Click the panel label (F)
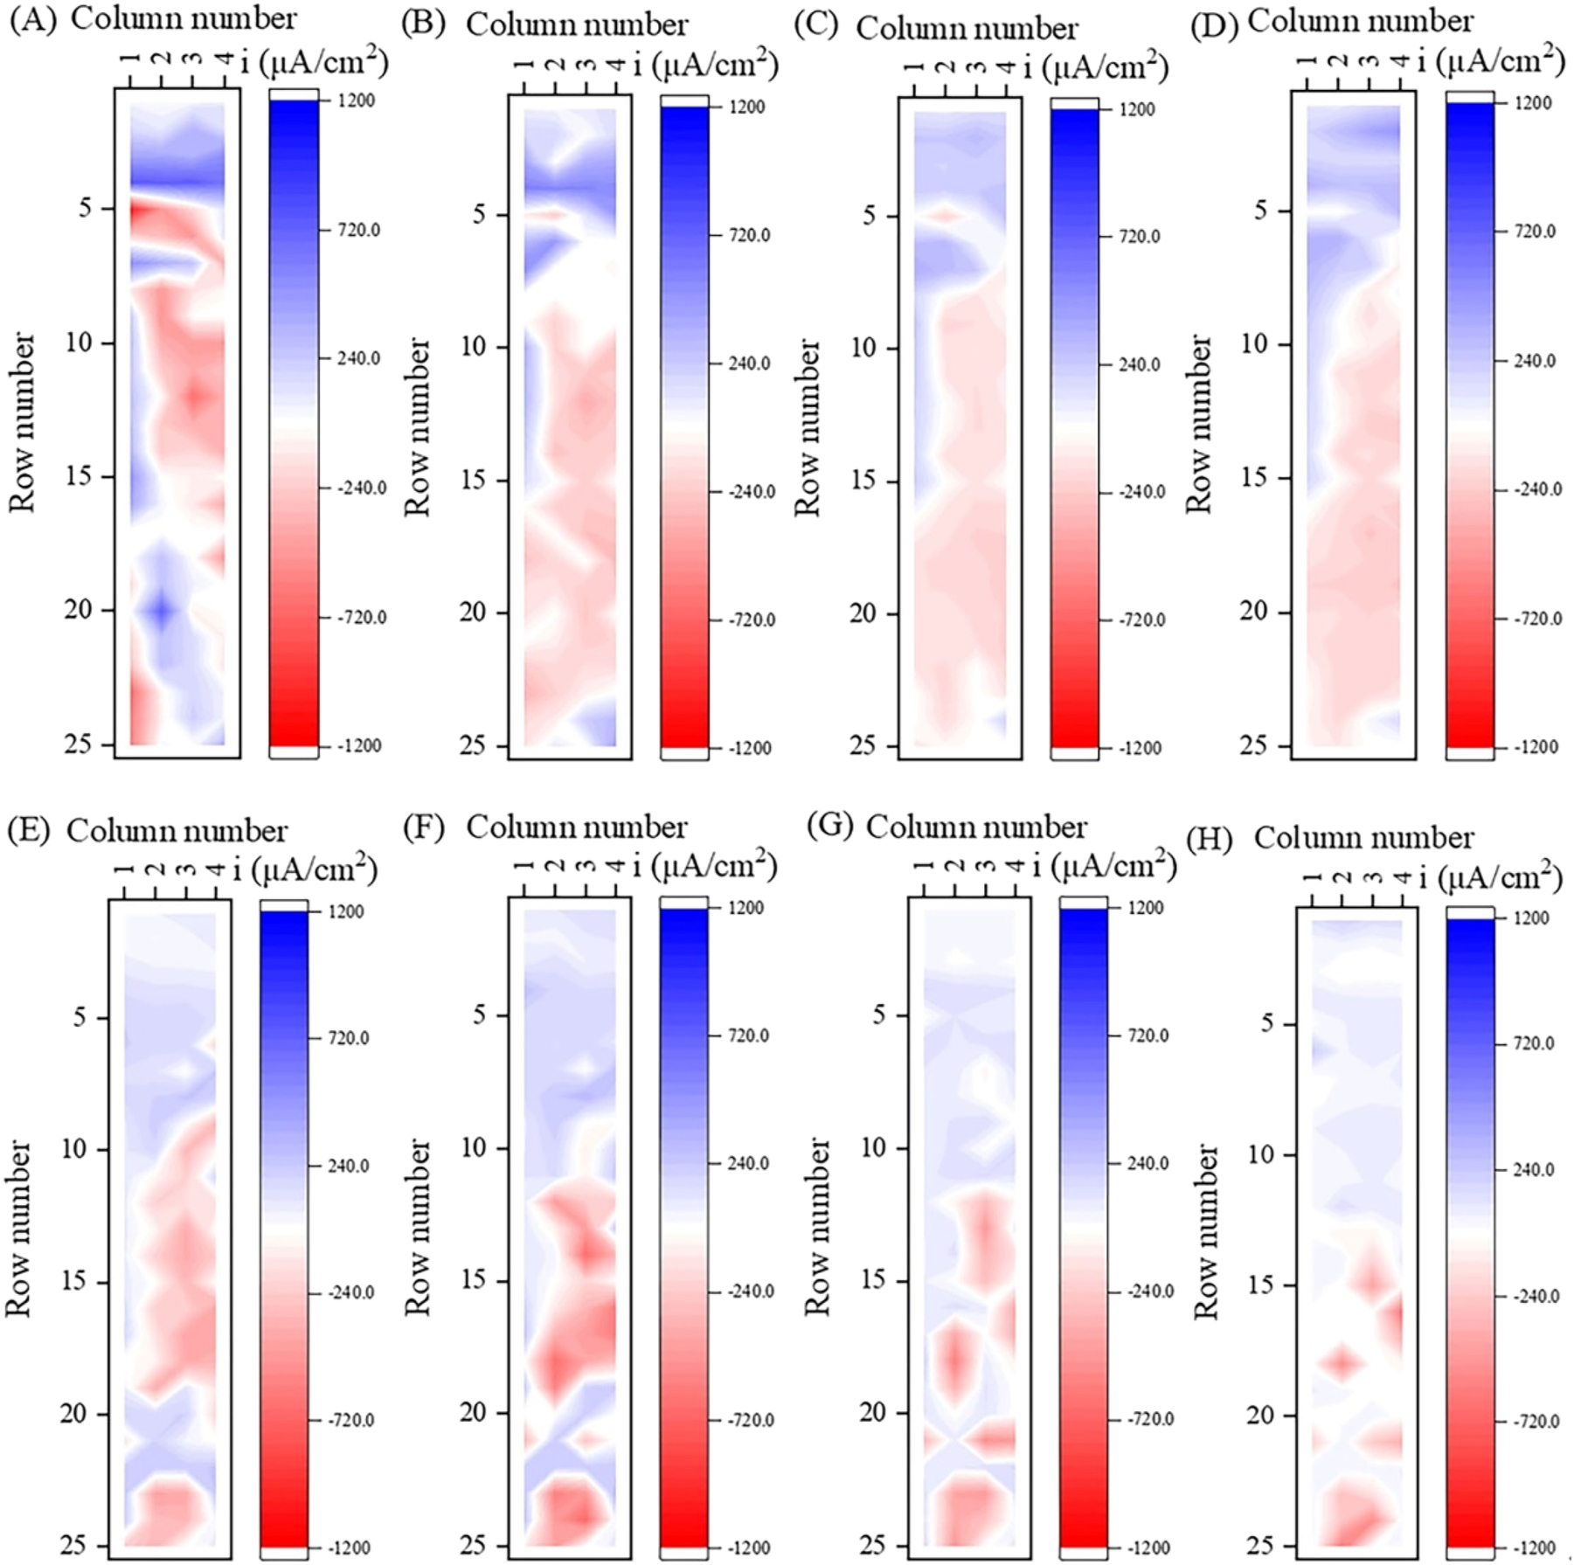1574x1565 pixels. pos(424,826)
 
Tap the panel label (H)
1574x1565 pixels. pos(1210,840)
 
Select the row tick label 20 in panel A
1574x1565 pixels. pos(78,609)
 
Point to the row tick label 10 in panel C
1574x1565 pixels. pos(863,348)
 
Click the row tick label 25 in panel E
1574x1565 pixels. pos(73,1545)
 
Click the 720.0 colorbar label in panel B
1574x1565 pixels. pos(749,235)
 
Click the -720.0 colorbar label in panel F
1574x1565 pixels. pos(749,1420)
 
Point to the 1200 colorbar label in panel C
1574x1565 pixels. pos(1137,109)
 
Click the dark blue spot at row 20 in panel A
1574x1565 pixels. pos(162,611)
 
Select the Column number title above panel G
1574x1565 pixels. pos(975,827)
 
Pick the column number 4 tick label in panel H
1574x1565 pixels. pos(1401,876)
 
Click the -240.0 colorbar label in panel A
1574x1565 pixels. pos(362,488)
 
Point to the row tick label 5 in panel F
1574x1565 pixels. pos(479,1015)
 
